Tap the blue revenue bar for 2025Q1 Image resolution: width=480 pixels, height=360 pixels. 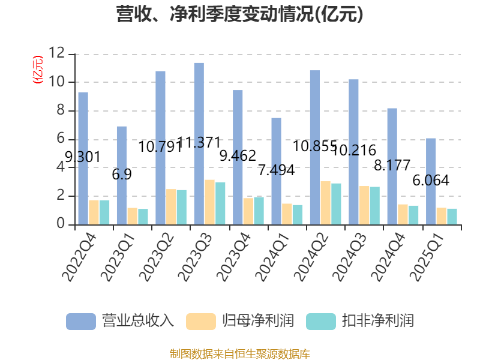[x=431, y=181]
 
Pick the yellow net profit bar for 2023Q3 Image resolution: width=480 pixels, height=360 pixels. [x=209, y=202]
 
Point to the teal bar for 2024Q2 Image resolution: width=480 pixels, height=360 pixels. [x=336, y=203]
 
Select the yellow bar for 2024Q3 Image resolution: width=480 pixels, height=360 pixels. [x=364, y=205]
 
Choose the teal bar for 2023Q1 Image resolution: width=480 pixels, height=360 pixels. [x=143, y=217]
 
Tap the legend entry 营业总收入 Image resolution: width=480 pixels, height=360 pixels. [x=120, y=321]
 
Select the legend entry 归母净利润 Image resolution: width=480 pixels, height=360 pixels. [x=240, y=321]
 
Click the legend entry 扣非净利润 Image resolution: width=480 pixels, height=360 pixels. [x=360, y=321]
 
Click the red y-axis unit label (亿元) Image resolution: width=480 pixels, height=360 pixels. [x=37, y=69]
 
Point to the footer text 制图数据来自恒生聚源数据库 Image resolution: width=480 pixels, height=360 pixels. [x=240, y=353]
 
